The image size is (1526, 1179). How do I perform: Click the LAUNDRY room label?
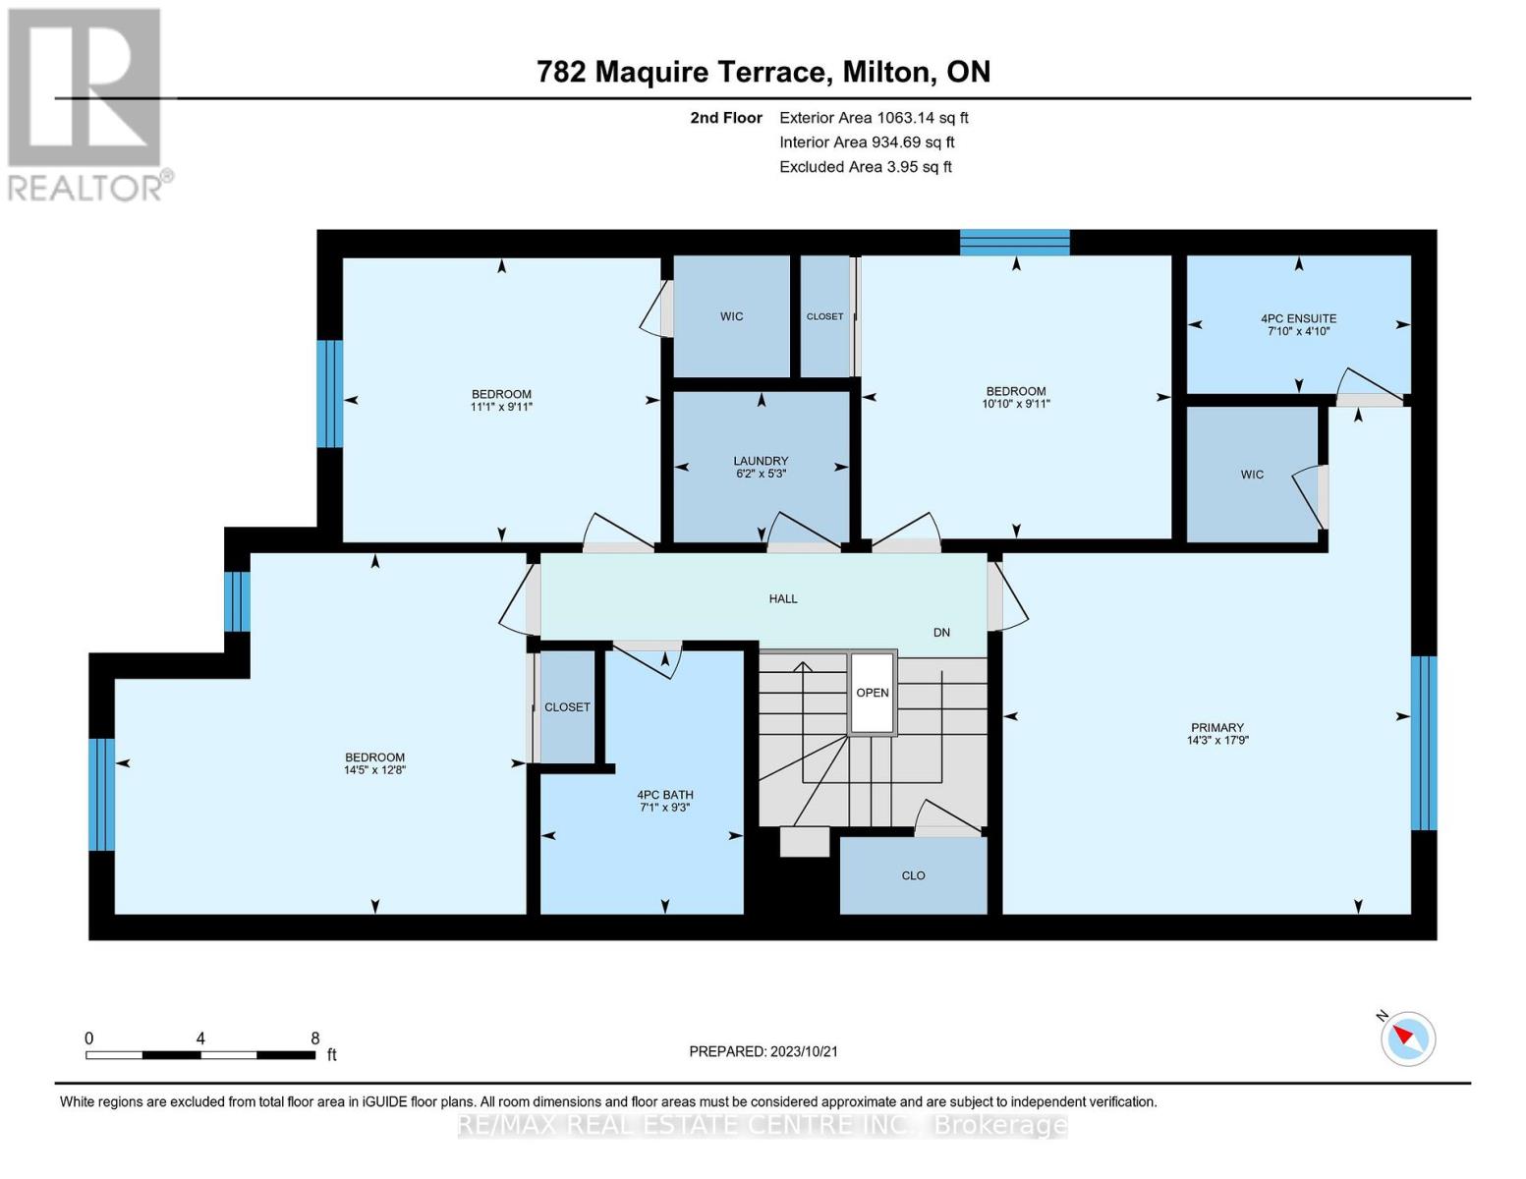pos(761,461)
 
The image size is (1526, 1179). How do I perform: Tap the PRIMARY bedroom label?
pos(1216,728)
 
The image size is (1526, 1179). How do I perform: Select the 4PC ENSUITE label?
pos(1298,318)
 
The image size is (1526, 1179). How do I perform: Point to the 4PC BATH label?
pos(664,795)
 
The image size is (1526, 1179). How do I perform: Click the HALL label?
pos(783,598)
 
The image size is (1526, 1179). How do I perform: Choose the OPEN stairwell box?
pos(872,693)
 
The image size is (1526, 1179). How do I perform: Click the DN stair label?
pos(941,632)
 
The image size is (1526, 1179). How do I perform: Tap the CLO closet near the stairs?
pos(913,875)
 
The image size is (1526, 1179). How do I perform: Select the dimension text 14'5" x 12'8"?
pos(374,770)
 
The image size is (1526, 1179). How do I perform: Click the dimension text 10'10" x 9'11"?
pos(1016,404)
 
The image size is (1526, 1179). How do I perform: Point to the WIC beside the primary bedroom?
pos(1252,475)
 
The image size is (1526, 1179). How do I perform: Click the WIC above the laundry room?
pos(731,316)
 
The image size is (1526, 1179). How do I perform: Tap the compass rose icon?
pos(1408,1038)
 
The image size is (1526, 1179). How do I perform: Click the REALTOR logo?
pos(86,103)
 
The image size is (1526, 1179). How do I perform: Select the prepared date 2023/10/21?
pos(763,1051)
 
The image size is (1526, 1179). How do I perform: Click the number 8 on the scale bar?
pos(314,1039)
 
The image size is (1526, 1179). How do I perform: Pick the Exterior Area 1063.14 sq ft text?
pos(874,118)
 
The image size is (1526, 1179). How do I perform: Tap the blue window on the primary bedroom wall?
pos(1424,743)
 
